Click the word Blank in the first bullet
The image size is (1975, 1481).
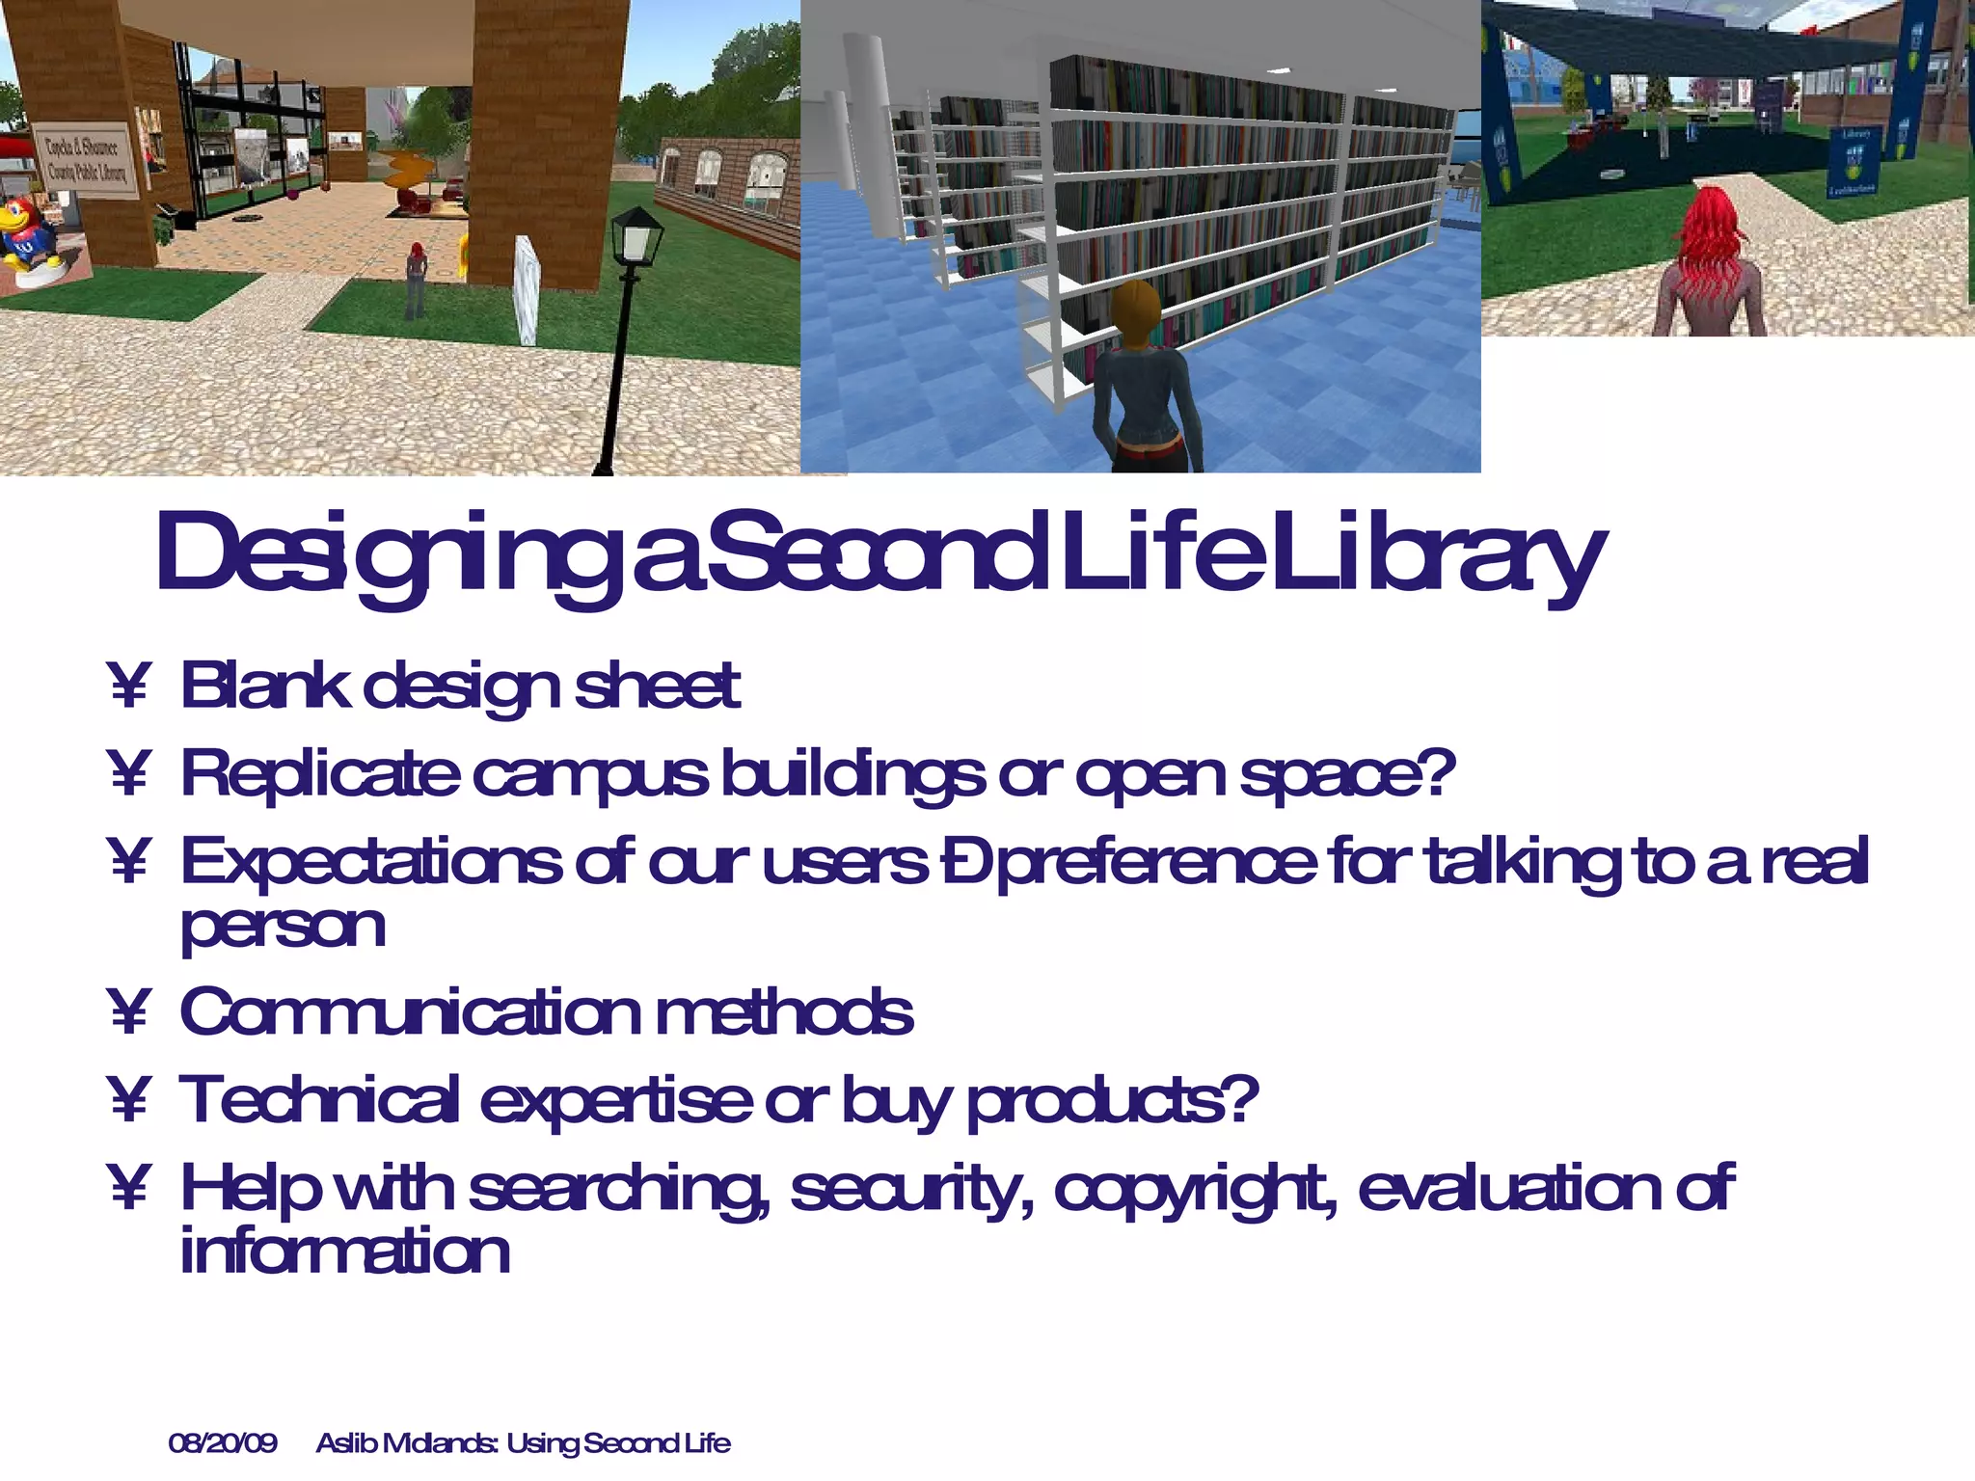click(x=264, y=687)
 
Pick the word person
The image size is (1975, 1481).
click(x=283, y=928)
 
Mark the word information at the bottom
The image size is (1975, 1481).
click(x=344, y=1252)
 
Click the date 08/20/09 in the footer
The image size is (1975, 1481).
click(x=223, y=1443)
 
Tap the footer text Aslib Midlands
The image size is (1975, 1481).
click(x=406, y=1443)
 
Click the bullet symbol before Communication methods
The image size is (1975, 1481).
click(x=128, y=1013)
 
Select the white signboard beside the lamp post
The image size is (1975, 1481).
click(x=526, y=289)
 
